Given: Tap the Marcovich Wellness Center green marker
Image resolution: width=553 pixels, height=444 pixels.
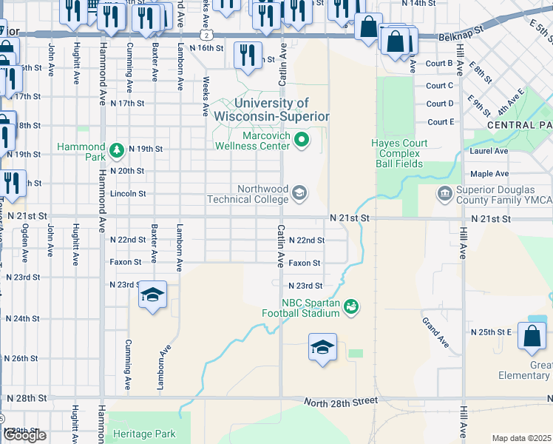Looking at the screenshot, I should pos(302,139).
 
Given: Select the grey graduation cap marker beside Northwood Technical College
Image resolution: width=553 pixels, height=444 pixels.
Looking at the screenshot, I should pos(299,194).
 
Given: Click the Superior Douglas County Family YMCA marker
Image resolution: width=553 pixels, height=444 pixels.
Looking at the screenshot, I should pos(444,194).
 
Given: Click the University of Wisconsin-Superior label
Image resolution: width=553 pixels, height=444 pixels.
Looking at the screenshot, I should pos(271,110).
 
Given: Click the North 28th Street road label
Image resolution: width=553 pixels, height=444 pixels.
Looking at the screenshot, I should pos(341,400).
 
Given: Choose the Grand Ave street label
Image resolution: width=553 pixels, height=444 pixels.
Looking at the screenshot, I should pos(435,332).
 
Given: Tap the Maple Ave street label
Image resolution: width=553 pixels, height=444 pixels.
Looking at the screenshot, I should pos(489,174).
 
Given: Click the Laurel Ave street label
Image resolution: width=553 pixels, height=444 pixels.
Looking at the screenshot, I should pos(489,151).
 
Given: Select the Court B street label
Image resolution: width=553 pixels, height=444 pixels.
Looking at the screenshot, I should pos(439,64).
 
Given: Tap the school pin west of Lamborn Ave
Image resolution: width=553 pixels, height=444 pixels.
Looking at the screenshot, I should pos(152,296).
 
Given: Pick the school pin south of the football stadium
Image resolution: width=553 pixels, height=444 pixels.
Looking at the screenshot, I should pos(323,347).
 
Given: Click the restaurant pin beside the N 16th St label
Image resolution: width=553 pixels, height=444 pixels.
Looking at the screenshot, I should pos(247,55).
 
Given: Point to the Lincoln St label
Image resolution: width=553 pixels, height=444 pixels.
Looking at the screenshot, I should pos(128,193).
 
